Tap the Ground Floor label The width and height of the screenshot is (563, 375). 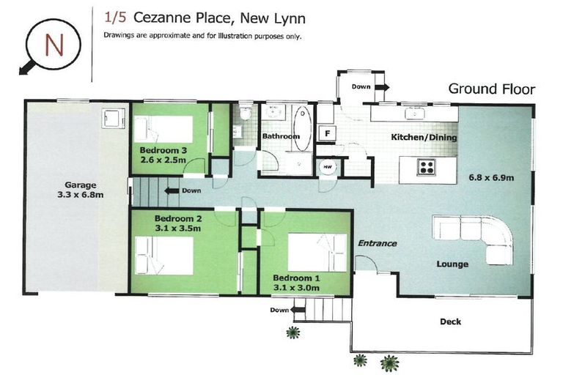click(491, 89)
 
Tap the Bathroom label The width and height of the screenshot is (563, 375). click(281, 136)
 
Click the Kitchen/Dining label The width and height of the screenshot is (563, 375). click(424, 137)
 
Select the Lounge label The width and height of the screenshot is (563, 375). click(452, 264)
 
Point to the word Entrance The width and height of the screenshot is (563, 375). click(377, 243)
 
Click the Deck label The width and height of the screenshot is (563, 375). click(450, 322)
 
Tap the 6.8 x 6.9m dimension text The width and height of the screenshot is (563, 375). click(491, 177)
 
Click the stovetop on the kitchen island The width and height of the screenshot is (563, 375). click(427, 166)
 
